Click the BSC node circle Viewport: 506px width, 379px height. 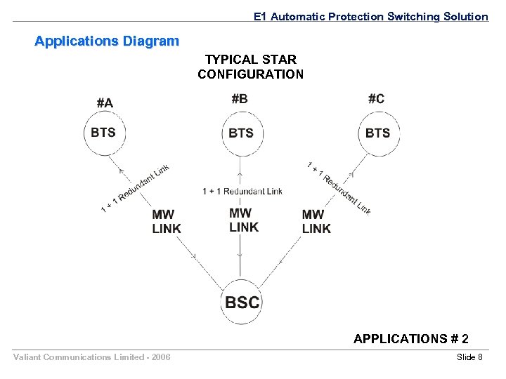click(242, 302)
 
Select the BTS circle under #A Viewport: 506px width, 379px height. click(104, 133)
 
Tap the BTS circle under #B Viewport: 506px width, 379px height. click(241, 133)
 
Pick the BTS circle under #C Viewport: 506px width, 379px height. click(377, 133)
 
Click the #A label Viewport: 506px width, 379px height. click(104, 103)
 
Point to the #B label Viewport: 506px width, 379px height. click(240, 99)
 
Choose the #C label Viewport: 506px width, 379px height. click(376, 99)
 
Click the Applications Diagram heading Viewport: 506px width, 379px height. click(107, 41)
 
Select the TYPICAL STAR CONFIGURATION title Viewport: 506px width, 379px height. click(251, 67)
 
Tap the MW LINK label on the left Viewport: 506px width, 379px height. click(167, 221)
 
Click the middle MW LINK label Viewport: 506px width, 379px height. click(244, 220)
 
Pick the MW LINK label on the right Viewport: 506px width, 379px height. click(316, 221)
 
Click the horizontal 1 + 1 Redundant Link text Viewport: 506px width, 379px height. click(242, 191)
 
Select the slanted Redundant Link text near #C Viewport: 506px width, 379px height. click(339, 187)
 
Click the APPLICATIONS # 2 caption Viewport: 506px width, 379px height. click(411, 339)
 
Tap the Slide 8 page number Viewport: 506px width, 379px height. click(469, 358)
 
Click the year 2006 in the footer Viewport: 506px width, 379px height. click(160, 358)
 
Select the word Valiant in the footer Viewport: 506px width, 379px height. click(27, 358)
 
